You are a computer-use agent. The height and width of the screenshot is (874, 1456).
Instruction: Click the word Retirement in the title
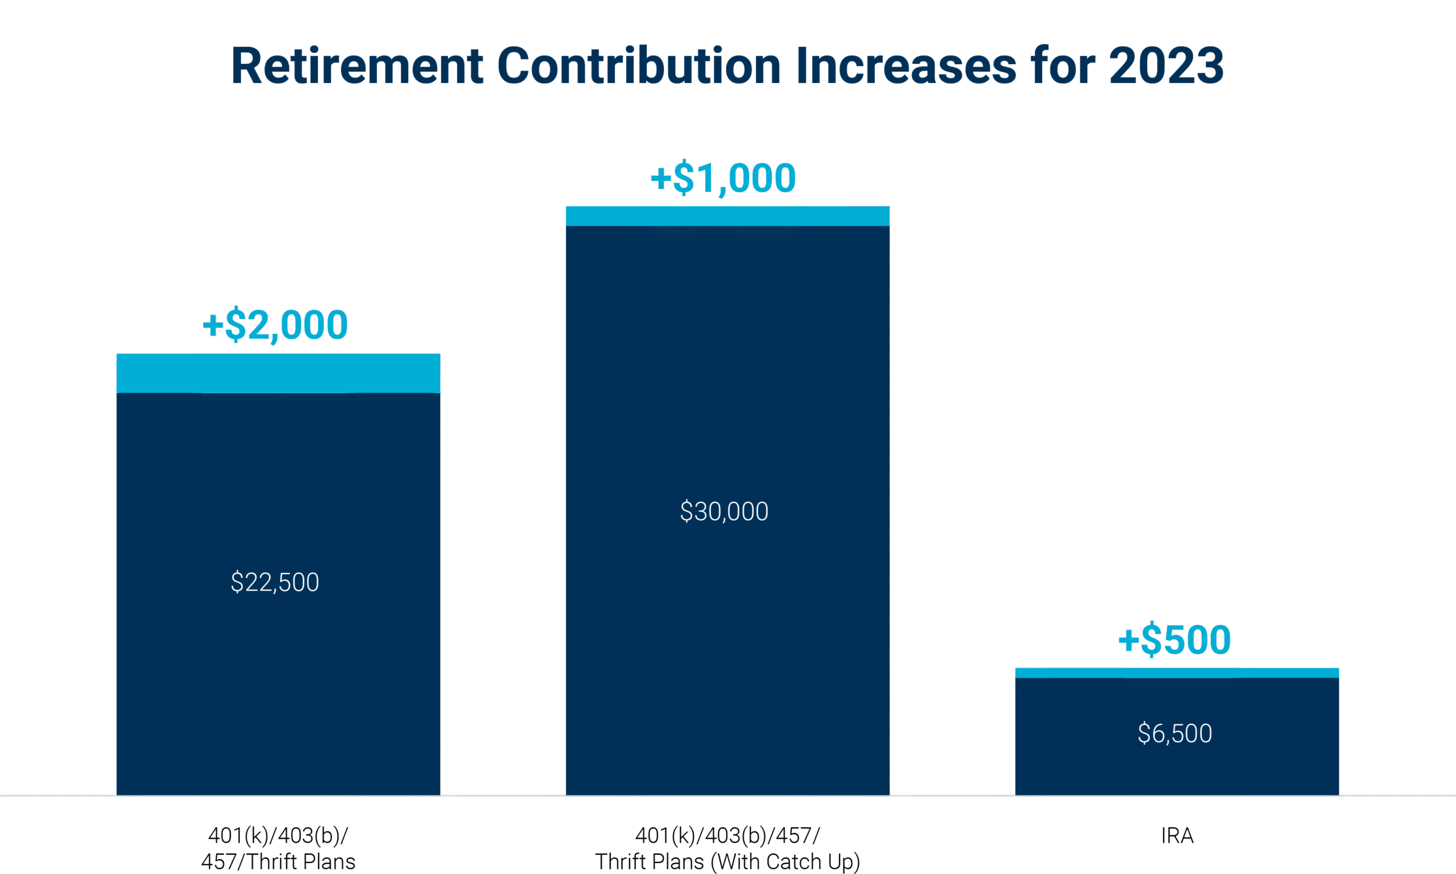357,66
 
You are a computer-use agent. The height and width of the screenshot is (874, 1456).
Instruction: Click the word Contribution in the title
639,66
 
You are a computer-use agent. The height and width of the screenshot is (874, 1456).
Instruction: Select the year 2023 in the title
1167,66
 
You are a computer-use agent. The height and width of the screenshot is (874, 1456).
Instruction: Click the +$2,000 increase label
275,324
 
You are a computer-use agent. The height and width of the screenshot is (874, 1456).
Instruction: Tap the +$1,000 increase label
723,178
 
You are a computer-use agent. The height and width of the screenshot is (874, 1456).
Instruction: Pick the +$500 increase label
1174,640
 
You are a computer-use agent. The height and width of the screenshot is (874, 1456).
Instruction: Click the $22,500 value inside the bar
275,583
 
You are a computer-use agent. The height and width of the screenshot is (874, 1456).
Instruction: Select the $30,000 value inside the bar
724,512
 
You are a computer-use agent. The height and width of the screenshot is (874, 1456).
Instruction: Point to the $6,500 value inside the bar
1174,734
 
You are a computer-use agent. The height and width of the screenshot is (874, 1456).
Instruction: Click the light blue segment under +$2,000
278,373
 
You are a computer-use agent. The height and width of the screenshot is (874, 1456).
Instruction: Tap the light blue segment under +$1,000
727,216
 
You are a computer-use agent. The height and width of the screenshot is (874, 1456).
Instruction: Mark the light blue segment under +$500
1177,673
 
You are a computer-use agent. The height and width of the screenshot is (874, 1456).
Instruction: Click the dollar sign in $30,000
686,512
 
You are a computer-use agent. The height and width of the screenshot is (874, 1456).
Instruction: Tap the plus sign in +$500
1128,640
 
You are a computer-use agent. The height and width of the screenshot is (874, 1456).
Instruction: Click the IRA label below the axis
1177,835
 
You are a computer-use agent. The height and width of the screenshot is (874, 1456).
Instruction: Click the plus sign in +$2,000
213,324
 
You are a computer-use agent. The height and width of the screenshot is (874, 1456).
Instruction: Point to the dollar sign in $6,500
1144,734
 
